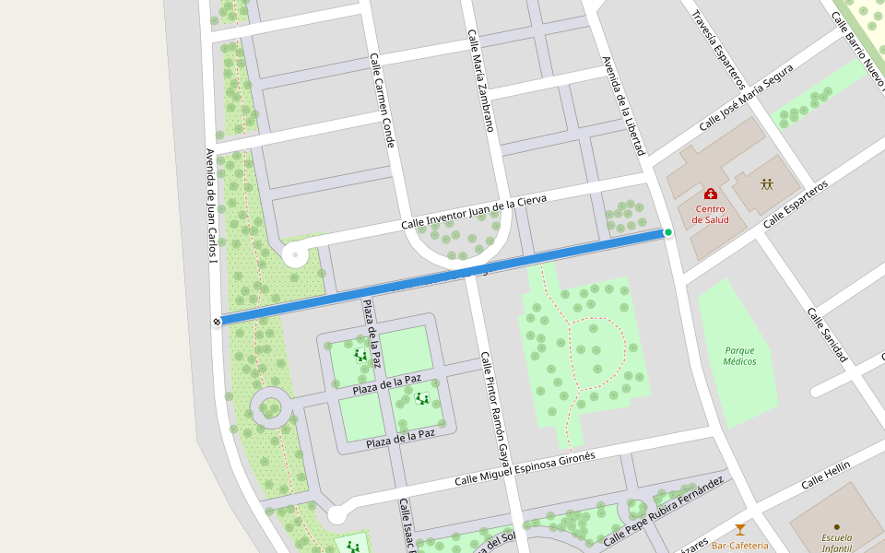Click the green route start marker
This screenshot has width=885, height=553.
coord(668,232)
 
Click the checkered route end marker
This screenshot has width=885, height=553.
coord(217,322)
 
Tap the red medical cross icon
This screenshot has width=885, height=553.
coord(710,194)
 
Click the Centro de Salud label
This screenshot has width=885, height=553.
coord(710,214)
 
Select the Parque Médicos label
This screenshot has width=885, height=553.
coord(739,356)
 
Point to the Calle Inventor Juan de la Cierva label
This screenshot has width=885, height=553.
coord(474,213)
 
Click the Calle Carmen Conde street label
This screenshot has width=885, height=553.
coord(383,100)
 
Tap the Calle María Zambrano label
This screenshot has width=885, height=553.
coord(481,80)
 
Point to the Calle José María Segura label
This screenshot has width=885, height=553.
coord(746,97)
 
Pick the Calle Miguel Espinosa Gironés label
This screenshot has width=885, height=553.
coord(525,467)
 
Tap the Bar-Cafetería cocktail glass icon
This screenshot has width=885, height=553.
coord(739,530)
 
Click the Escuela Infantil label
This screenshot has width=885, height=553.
coord(836,543)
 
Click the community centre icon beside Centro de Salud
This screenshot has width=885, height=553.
coord(766,183)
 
